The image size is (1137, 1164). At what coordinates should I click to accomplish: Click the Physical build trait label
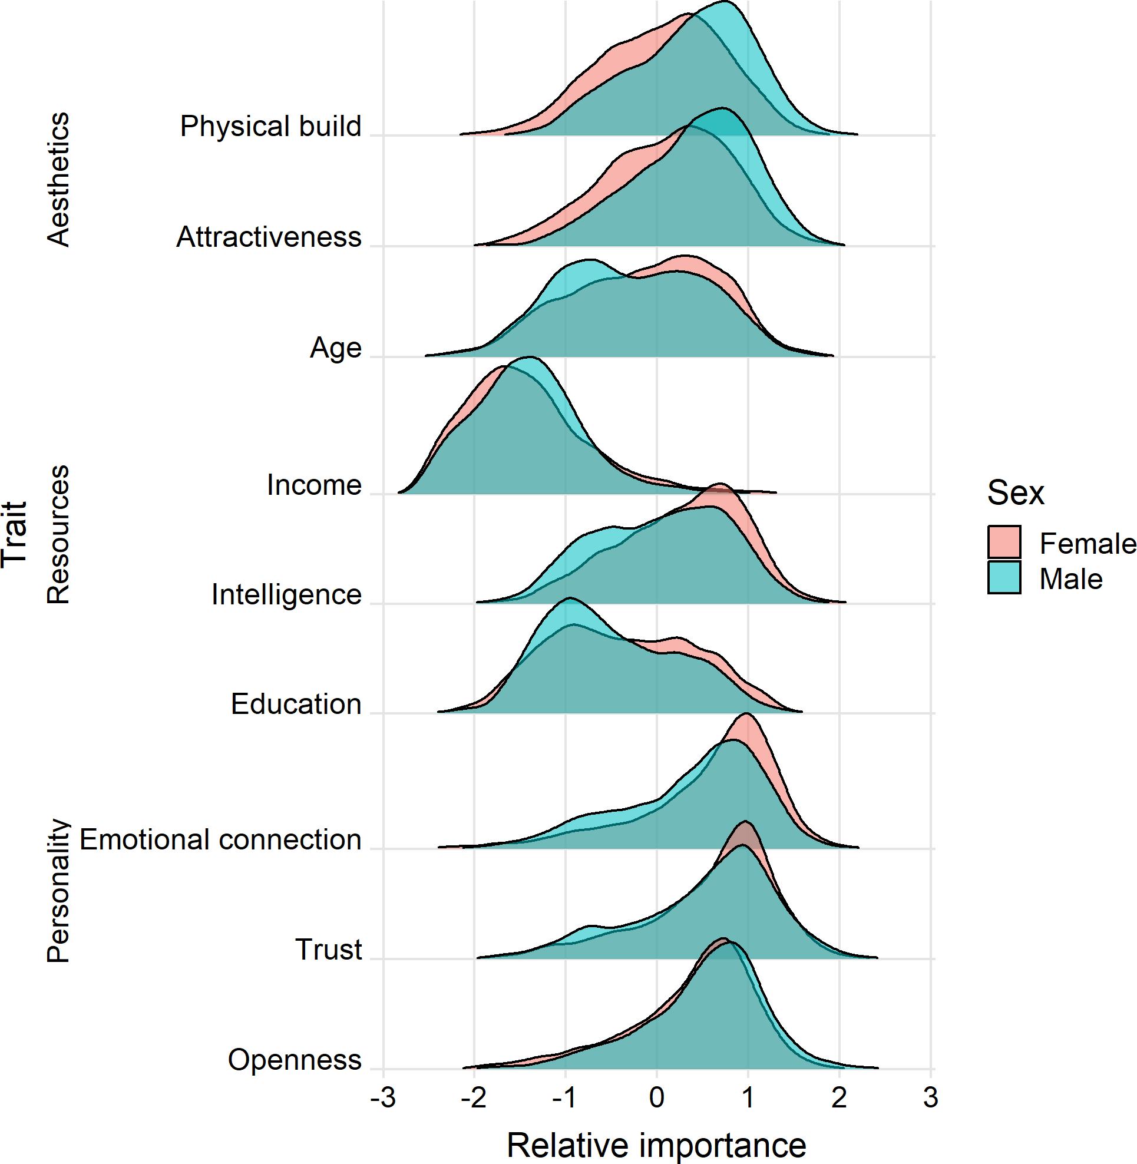coord(270,127)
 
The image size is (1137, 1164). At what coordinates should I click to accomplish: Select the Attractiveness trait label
coord(269,237)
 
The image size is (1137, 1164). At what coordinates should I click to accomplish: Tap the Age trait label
coord(336,348)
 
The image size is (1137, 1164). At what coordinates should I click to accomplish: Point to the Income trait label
coord(314,485)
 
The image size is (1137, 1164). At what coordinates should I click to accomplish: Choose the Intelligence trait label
coord(287,595)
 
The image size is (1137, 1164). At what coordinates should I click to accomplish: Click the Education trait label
coord(296,704)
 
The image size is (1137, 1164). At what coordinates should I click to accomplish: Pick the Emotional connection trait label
coord(220,839)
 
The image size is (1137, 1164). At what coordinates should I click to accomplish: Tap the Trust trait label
coord(329,950)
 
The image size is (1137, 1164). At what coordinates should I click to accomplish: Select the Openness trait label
coord(295,1060)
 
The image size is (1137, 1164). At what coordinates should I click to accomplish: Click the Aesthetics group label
coord(58,179)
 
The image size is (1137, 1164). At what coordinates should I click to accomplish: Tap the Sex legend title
coord(1015,493)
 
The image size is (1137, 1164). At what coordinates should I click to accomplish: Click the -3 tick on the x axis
coord(382,1097)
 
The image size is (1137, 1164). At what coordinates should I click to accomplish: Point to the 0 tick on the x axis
coord(656,1097)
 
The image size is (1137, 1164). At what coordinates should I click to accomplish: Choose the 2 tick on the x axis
coord(839,1097)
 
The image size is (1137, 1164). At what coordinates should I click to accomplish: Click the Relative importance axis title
coord(656,1145)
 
